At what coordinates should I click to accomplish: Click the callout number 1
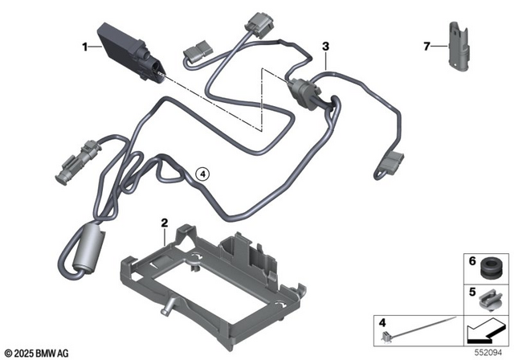tap(84, 47)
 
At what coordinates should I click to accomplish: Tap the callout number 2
tap(164, 222)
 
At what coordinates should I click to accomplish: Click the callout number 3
tap(325, 47)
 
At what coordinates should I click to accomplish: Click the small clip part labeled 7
tap(460, 47)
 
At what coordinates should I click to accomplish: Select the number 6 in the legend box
tap(472, 261)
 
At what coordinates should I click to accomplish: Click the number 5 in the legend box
tap(472, 293)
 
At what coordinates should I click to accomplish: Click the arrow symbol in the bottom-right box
tap(483, 329)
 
